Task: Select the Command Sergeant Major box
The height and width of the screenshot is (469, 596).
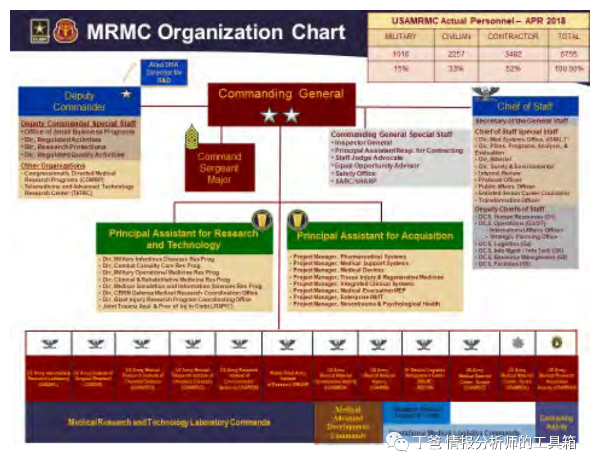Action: (219, 167)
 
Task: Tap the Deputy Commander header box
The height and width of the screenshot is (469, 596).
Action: (79, 101)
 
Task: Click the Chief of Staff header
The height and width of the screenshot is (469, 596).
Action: (525, 106)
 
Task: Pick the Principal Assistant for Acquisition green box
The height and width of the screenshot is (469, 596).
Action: (374, 236)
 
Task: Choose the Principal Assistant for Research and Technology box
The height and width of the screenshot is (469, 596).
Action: (183, 239)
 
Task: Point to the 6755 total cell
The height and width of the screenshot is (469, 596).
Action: (568, 54)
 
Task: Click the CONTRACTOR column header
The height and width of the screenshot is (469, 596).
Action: (513, 37)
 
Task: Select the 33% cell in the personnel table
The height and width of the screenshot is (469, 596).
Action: (456, 69)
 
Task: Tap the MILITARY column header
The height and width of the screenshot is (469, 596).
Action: (400, 37)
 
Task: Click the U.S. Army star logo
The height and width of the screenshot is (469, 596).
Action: (40, 32)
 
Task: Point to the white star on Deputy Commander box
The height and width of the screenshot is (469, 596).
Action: (127, 93)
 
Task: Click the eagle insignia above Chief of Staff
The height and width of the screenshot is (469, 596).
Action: (485, 92)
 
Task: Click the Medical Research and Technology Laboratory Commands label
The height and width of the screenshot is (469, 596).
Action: (169, 422)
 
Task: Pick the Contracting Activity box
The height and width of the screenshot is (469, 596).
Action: (556, 422)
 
